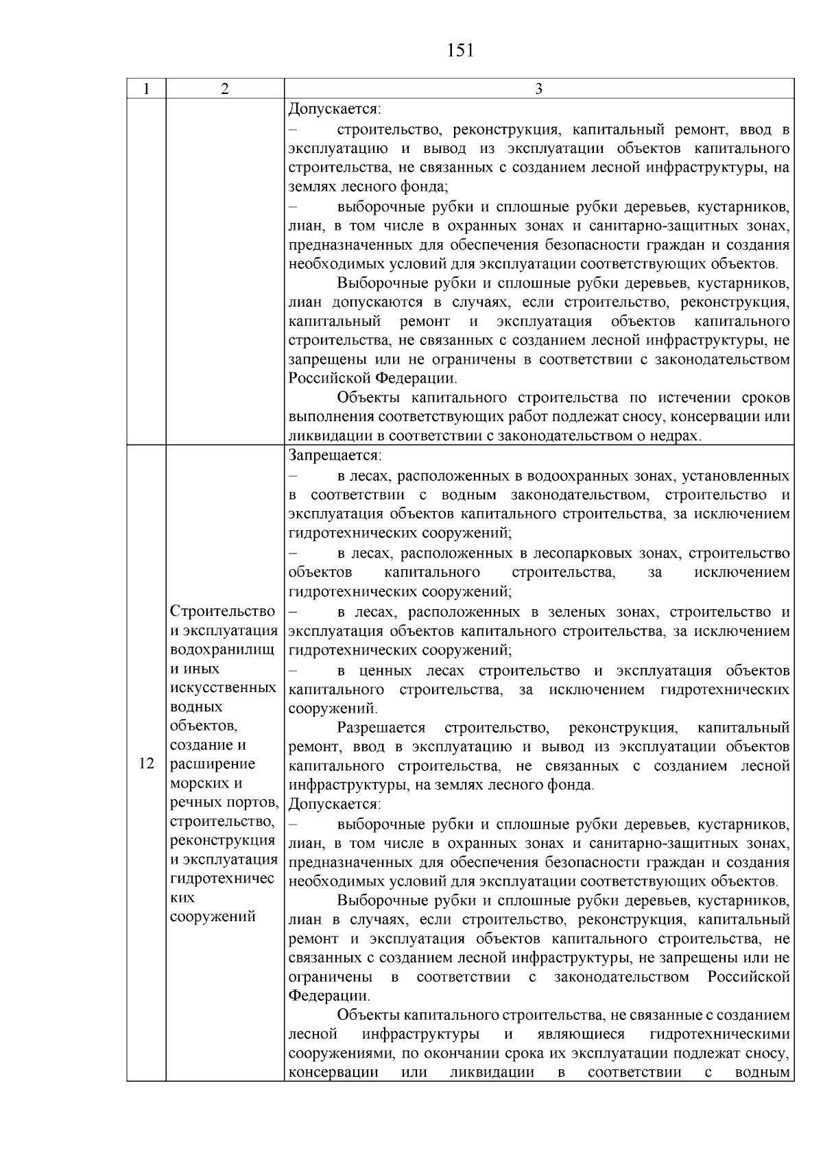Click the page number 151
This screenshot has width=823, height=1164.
point(460,51)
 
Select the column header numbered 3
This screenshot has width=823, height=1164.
point(538,88)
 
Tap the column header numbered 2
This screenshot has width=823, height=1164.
point(224,88)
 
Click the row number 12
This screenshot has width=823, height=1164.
point(146,764)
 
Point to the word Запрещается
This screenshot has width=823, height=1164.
point(334,455)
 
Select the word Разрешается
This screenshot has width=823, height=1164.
point(381,727)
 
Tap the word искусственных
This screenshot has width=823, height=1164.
point(222,687)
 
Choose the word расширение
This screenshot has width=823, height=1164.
point(213,764)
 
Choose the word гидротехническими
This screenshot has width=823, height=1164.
point(719,1034)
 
